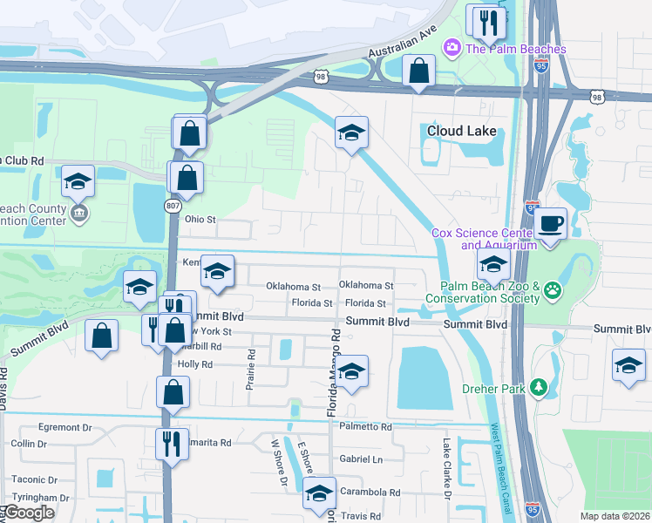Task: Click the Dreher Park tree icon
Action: (x=539, y=385)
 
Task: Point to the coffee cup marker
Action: (x=550, y=224)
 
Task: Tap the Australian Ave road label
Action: (x=402, y=43)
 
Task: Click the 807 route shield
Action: (x=172, y=205)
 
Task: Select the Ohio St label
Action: (x=199, y=220)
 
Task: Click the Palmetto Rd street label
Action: (x=365, y=427)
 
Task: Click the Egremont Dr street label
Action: (x=65, y=428)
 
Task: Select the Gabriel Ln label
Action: (x=361, y=459)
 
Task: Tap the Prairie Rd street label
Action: (x=250, y=370)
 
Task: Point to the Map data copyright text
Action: (x=615, y=516)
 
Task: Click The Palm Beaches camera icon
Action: (x=452, y=48)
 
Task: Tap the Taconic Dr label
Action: (x=34, y=479)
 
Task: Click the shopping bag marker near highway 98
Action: (x=419, y=70)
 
